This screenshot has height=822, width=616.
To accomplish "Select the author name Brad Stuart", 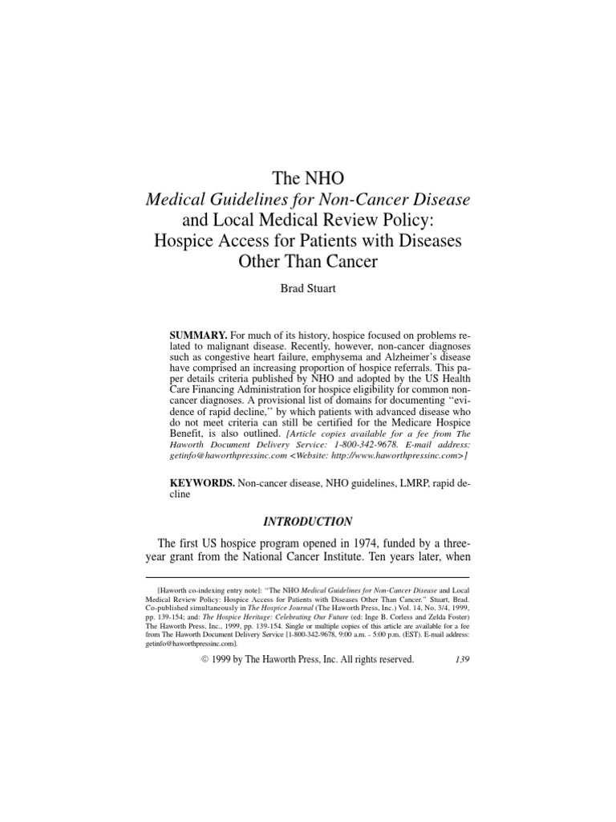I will point(308,289).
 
